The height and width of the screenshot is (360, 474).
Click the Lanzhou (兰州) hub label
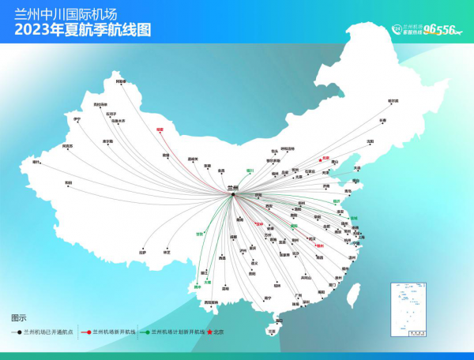232,188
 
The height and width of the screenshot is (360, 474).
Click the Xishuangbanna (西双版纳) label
211,302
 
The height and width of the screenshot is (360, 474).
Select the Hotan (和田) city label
69,183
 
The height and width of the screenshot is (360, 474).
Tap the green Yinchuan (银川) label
250,169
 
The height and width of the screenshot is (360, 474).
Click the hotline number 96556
440,30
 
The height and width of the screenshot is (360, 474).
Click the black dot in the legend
19,333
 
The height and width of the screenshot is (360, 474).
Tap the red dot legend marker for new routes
87,333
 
